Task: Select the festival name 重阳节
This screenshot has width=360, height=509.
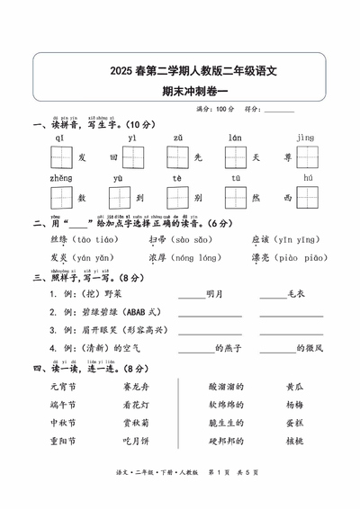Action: [x=63, y=441]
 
